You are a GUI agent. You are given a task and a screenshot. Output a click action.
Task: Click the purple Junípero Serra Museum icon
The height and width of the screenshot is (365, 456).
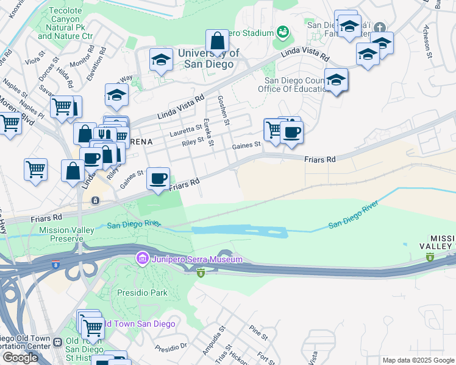[143, 259]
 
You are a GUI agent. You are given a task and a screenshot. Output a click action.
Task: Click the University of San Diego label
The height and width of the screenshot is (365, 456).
[209, 58]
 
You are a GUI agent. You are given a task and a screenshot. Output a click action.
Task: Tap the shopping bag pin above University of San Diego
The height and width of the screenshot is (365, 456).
[217, 42]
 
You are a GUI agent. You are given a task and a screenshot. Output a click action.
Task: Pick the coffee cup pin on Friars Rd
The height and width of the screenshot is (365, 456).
[159, 179]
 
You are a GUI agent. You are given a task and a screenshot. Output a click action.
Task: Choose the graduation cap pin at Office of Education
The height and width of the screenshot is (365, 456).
[336, 80]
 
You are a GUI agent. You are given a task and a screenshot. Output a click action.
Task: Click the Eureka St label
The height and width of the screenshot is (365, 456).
[208, 132]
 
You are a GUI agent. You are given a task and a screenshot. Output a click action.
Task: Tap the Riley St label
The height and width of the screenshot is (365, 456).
[192, 144]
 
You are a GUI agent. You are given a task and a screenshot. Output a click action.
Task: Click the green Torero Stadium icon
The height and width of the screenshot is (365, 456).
[282, 31]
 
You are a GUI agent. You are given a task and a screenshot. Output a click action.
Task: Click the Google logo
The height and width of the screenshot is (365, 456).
[20, 357]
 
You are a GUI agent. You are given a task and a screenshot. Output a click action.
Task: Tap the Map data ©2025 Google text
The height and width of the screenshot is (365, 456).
[418, 360]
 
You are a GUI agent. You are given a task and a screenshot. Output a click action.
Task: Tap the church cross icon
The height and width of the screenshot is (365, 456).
[379, 27]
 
